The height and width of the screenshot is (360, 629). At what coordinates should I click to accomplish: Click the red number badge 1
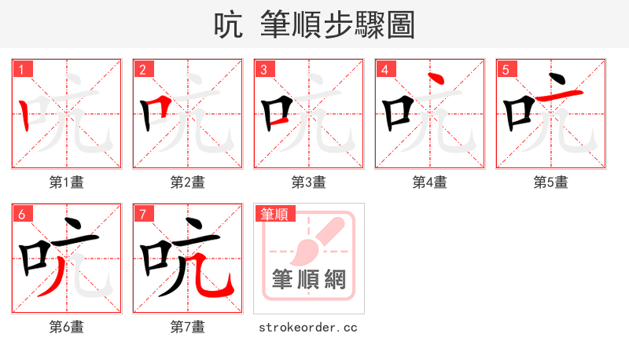tap(22, 68)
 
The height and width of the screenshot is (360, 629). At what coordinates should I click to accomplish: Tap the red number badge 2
tap(143, 68)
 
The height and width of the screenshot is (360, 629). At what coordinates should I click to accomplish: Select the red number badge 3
tap(264, 68)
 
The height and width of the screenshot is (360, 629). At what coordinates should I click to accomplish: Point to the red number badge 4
tap(385, 68)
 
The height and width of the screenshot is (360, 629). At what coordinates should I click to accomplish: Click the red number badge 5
tap(506, 68)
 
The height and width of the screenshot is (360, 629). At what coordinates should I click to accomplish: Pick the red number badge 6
tap(22, 213)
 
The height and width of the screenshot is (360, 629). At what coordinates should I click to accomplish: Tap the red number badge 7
tap(143, 213)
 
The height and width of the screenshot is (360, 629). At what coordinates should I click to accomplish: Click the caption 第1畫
tap(67, 182)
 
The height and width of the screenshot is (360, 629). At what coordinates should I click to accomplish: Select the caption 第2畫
tap(188, 182)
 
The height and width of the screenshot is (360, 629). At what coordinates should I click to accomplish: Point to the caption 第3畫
tap(309, 182)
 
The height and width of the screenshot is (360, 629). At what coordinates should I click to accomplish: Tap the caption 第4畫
tap(430, 182)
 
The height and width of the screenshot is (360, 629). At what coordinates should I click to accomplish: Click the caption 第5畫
tap(551, 182)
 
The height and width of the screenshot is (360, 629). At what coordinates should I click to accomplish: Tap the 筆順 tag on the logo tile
tap(273, 213)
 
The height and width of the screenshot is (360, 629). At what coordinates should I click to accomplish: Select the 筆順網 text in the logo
tap(309, 279)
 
